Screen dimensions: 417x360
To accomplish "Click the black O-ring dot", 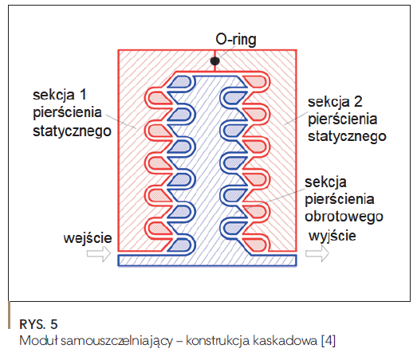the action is click(215, 61).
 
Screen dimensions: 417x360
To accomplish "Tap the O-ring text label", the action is click(236, 40).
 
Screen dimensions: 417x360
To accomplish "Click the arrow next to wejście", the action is click(99, 254).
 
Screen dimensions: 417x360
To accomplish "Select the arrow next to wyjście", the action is click(317, 253).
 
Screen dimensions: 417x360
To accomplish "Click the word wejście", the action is click(88, 238).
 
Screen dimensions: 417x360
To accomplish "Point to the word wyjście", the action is click(332, 236).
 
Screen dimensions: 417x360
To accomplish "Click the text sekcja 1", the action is click(60, 95).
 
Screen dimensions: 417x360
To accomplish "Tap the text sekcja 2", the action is click(335, 102).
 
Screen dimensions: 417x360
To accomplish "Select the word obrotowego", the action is click(344, 217).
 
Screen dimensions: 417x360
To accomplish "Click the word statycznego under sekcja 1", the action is click(72, 131).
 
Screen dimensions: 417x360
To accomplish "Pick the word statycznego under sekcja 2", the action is click(347, 136).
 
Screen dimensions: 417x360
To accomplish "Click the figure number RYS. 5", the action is click(38, 324).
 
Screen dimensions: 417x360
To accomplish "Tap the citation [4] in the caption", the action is click(328, 341).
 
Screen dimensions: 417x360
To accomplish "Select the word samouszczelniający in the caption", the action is click(116, 341).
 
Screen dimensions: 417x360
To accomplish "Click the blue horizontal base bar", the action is click(207, 260).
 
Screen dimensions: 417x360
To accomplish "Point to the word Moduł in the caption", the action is click(38, 340).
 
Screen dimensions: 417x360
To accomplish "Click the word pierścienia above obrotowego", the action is click(340, 199).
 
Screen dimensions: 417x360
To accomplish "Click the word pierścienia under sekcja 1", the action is click(67, 113).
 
